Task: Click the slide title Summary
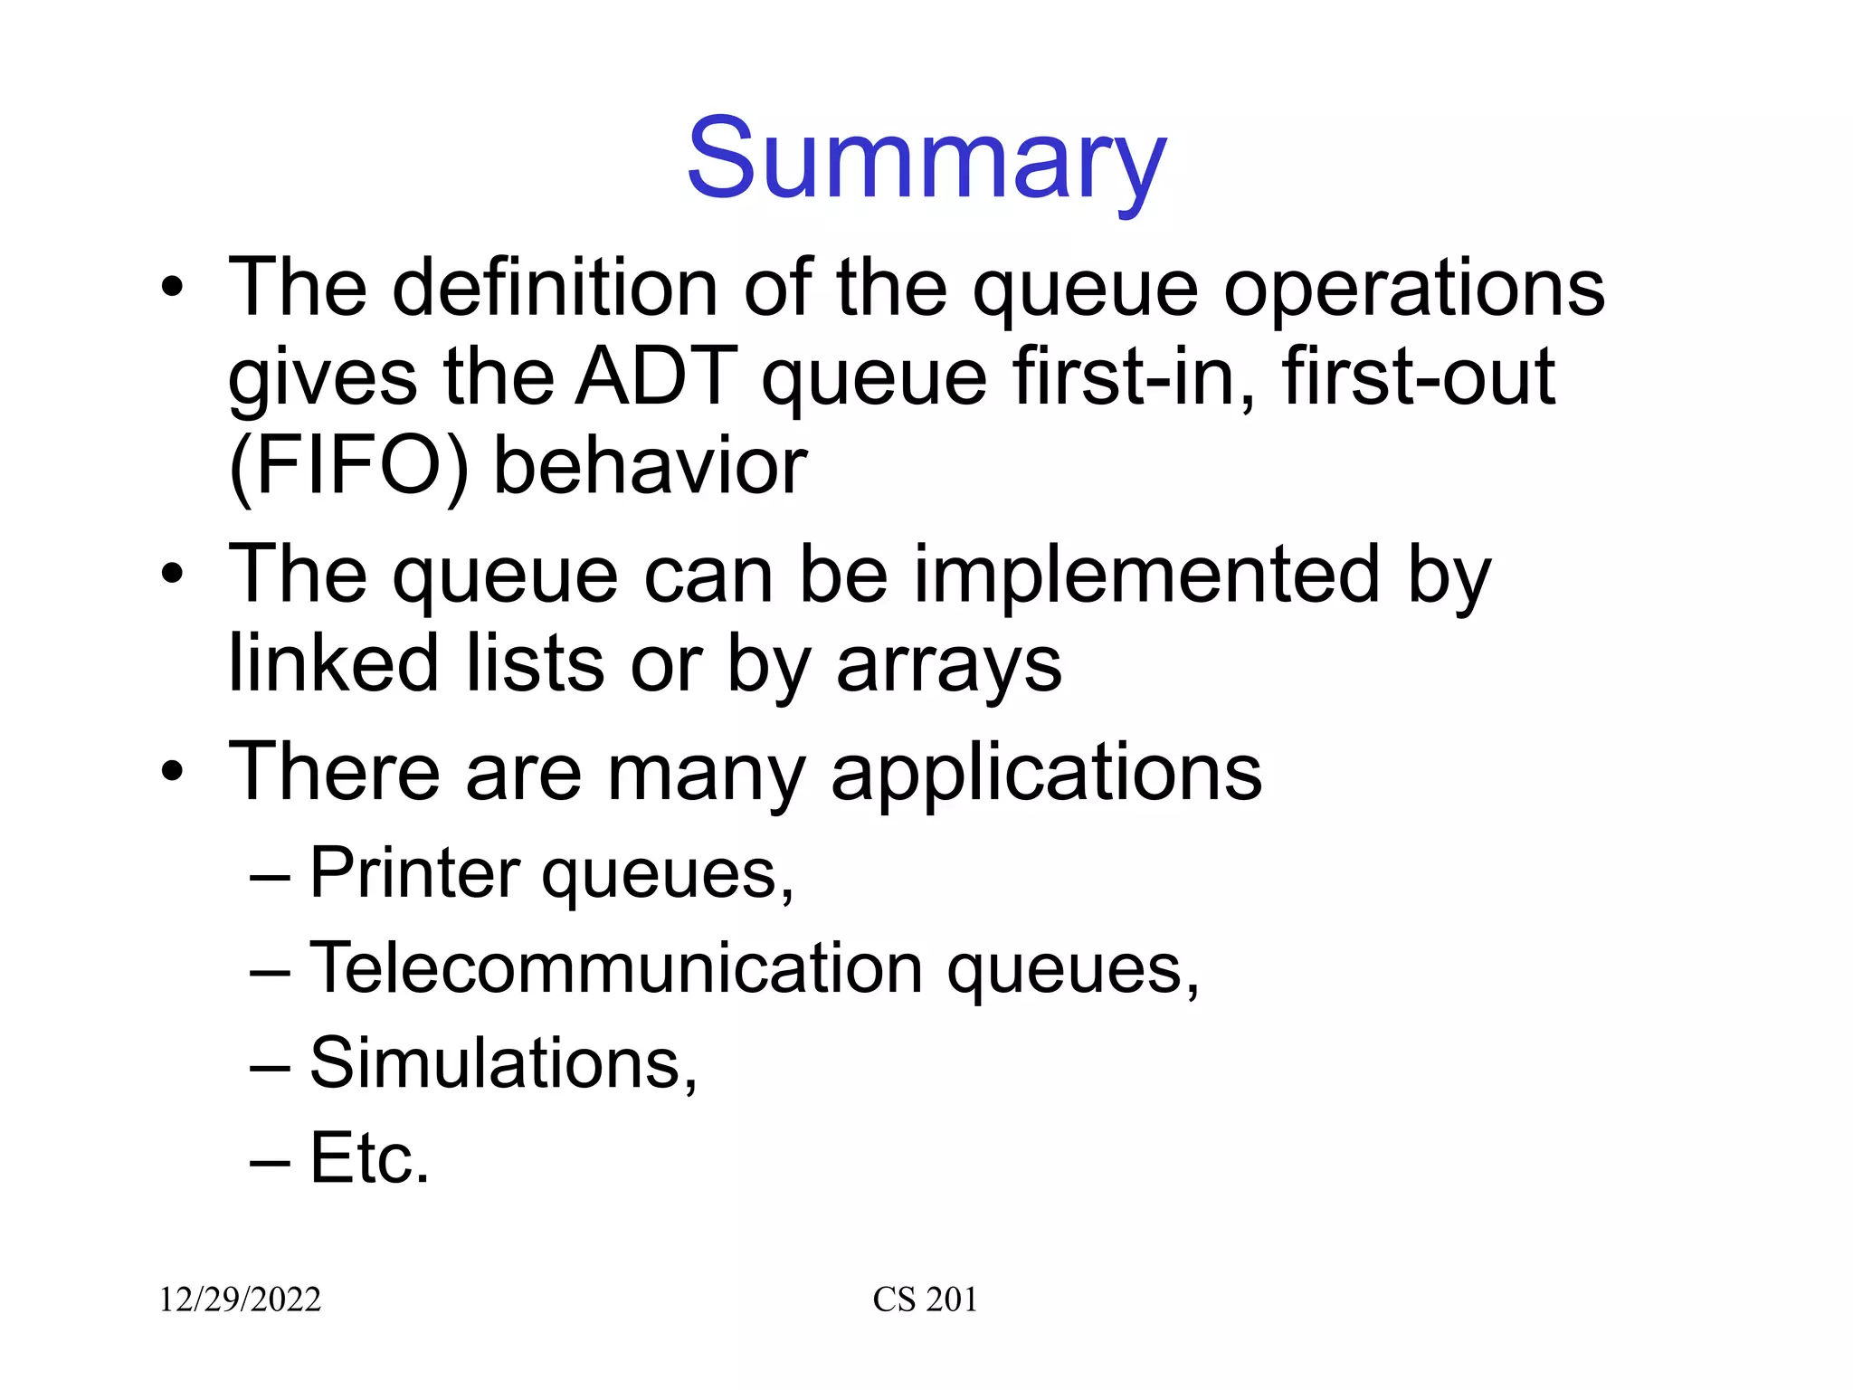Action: click(926, 161)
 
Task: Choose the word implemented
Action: click(1146, 576)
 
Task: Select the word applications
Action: click(1046, 775)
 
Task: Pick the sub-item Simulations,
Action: click(503, 1063)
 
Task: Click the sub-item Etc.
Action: click(369, 1157)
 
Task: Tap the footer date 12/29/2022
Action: click(240, 1300)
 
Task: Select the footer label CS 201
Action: click(925, 1300)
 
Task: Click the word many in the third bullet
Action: click(705, 775)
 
